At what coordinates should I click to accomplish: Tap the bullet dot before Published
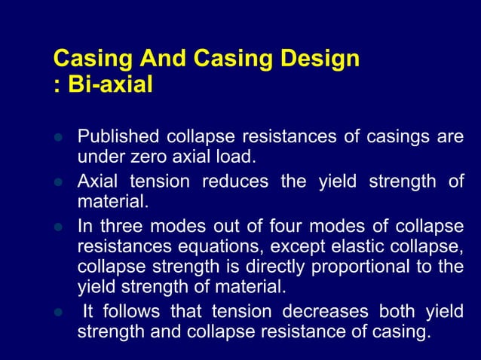57,139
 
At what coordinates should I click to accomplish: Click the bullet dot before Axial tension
57,183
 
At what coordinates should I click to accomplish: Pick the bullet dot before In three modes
57,228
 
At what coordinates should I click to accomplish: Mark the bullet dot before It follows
57,313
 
